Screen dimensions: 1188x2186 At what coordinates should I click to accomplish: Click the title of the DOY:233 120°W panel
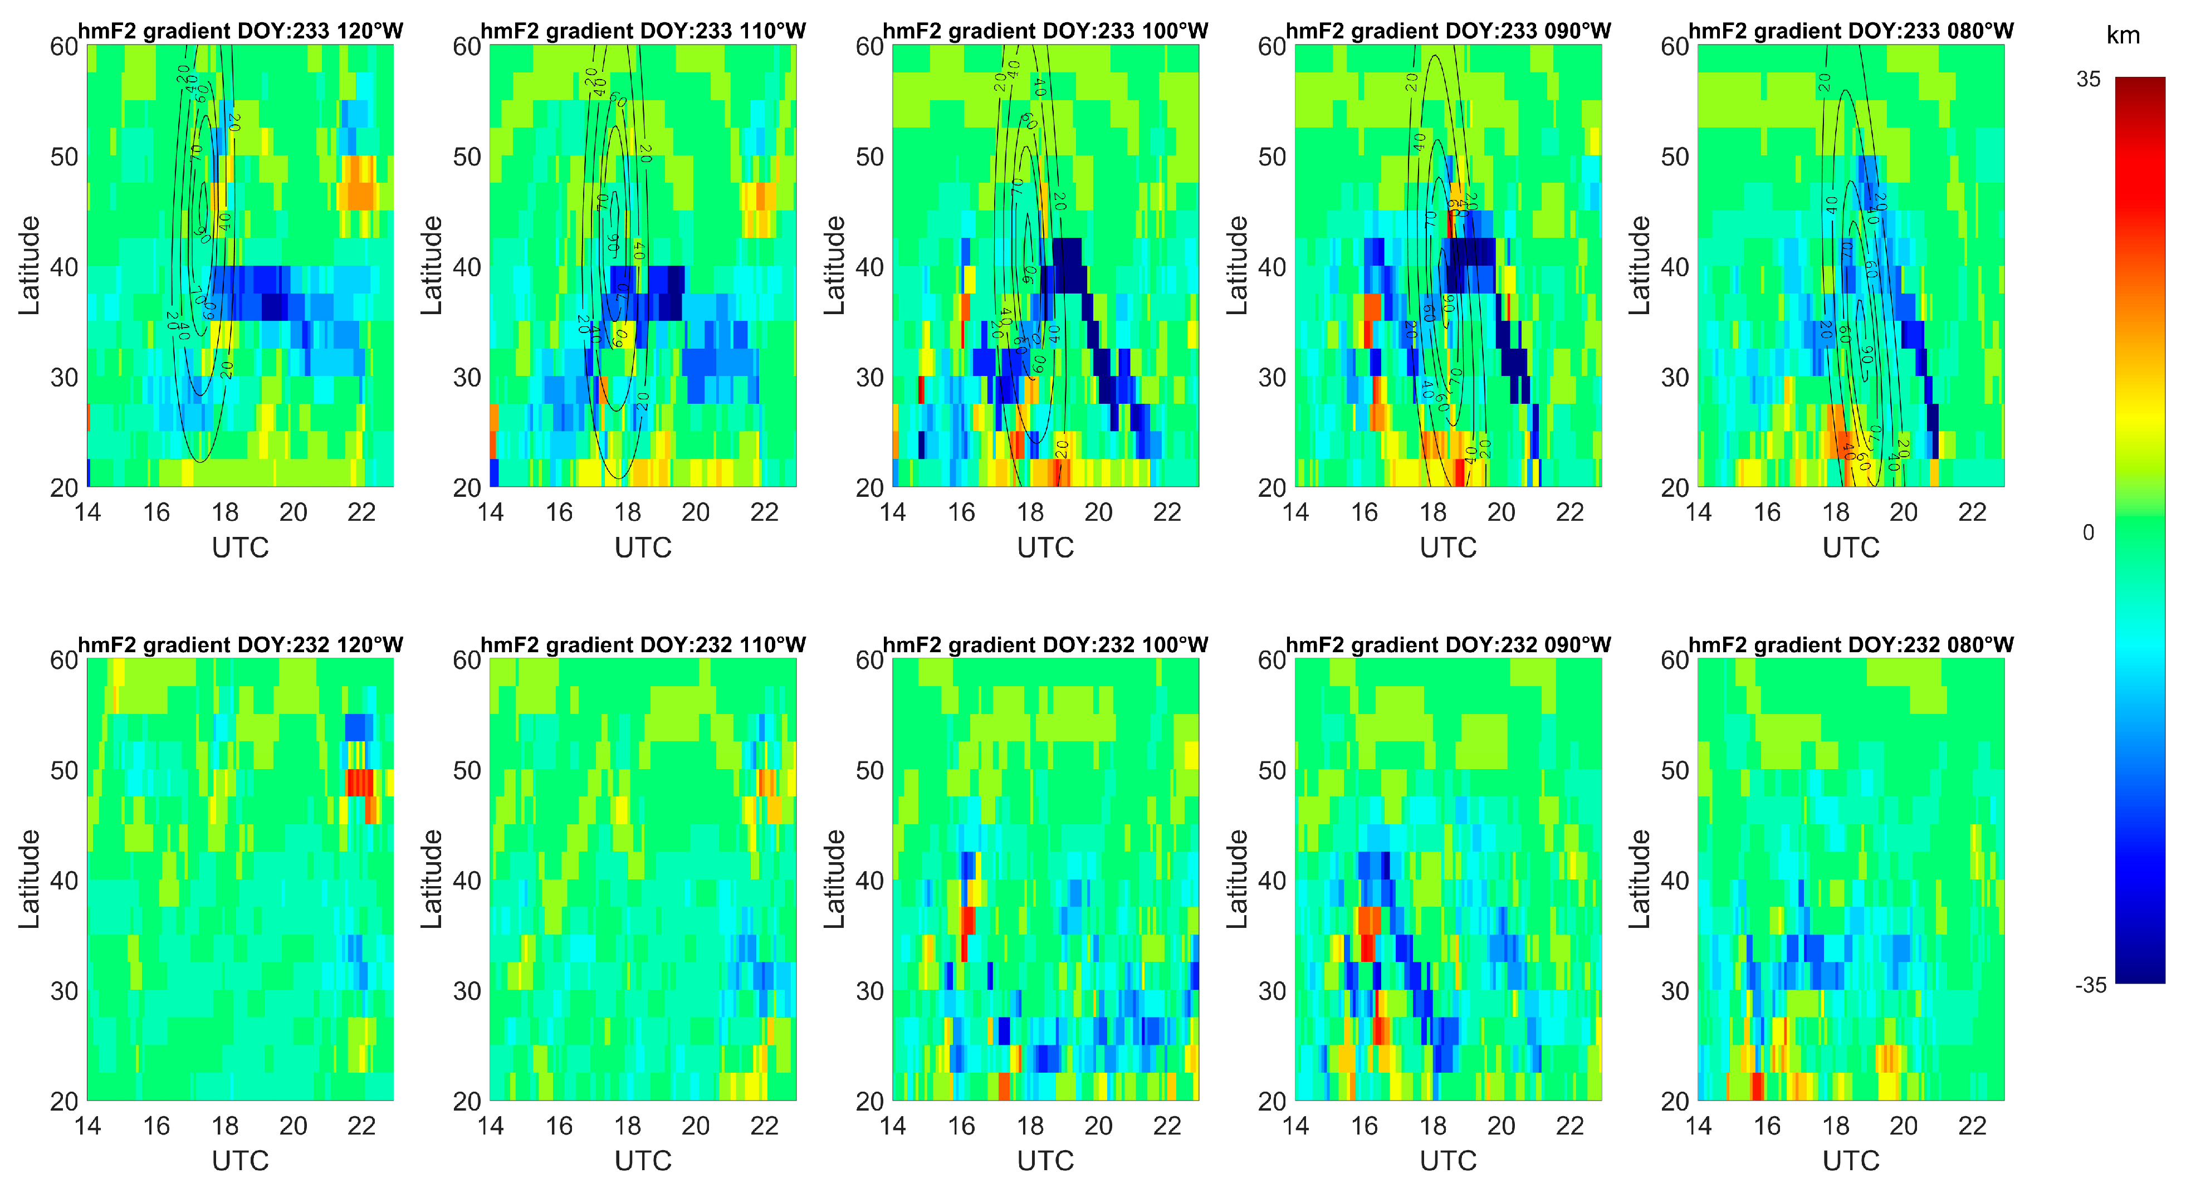tap(240, 31)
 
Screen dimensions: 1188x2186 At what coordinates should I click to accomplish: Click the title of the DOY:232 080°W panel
tap(1851, 645)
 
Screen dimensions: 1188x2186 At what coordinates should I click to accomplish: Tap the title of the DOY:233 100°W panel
tap(1045, 31)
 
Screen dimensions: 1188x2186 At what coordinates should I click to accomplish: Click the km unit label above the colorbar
tap(2123, 36)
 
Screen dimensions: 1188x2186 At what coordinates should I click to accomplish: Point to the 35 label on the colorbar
tap(2089, 80)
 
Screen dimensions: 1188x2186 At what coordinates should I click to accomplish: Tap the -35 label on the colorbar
tap(2091, 985)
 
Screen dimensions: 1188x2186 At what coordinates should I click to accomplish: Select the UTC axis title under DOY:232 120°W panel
tap(240, 1161)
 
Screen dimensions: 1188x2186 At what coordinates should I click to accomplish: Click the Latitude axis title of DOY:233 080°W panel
tap(1640, 266)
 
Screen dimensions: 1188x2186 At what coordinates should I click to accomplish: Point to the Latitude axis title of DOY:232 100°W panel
tap(835, 879)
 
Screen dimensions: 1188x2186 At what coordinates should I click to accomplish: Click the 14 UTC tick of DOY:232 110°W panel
tap(491, 1126)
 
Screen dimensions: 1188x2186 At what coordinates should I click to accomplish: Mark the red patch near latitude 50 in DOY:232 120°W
tap(360, 781)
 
